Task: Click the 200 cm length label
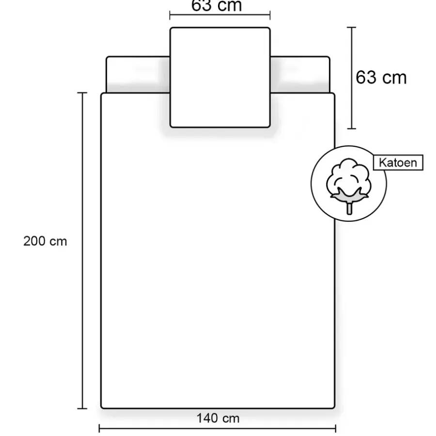point(45,241)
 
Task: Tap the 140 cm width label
point(218,418)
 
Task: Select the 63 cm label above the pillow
point(217,5)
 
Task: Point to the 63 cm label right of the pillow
point(381,77)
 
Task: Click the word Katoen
point(398,163)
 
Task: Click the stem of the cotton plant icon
point(349,208)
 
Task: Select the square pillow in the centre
point(220,78)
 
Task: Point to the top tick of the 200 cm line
point(82,93)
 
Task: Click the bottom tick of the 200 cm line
point(82,408)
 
